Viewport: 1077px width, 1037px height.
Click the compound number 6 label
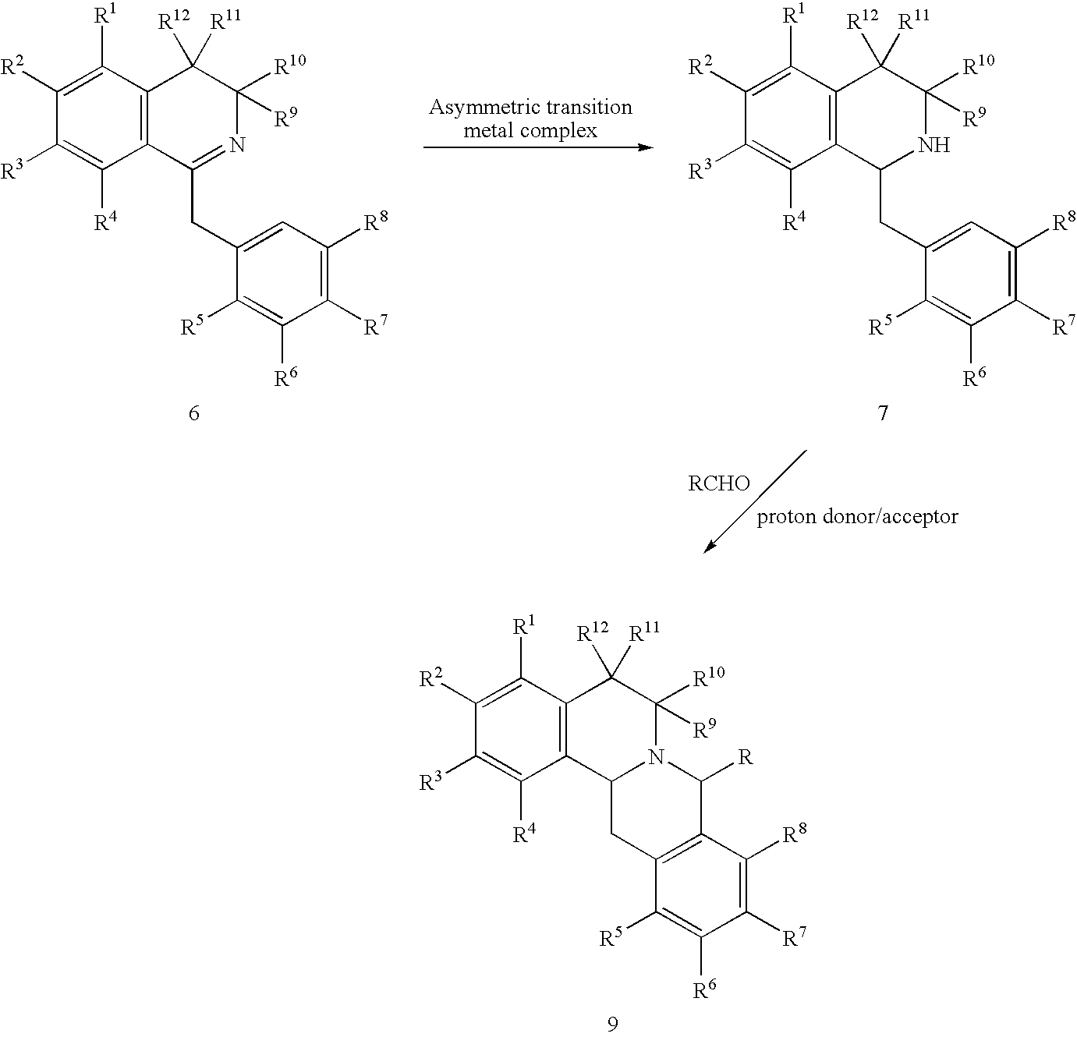click(194, 413)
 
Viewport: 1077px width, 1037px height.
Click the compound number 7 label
click(882, 413)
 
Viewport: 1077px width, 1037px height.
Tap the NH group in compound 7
click(934, 145)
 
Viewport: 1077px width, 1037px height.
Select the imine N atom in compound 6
click(239, 145)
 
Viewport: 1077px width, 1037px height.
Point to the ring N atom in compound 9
click(656, 756)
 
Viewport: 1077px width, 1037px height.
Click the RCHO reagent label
click(718, 484)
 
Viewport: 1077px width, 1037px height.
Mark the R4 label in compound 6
click(106, 222)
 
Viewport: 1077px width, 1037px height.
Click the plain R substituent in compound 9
click(745, 757)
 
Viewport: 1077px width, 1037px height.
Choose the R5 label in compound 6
click(193, 326)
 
